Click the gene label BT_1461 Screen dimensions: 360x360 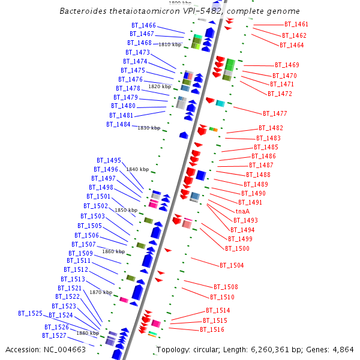(296, 25)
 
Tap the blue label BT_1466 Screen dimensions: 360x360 (143, 26)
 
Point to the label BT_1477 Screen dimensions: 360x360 (275, 113)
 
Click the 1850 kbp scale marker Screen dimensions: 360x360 (126, 210)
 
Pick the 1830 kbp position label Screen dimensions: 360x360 (149, 128)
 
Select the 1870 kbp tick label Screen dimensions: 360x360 (101, 292)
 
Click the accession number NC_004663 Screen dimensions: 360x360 (62, 350)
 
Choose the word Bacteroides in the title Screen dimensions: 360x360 (83, 11)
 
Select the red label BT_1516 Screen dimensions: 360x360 (212, 330)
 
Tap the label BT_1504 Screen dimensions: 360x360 (232, 265)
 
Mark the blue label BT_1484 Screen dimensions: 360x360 (118, 124)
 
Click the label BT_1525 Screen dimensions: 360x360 (30, 313)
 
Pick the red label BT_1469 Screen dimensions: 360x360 (287, 65)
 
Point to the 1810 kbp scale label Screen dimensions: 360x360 (170, 44)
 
